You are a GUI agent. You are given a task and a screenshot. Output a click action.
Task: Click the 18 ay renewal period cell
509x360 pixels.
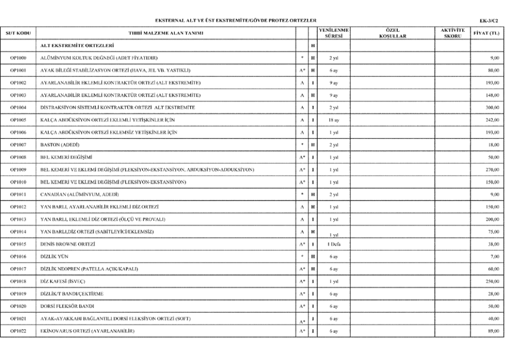[x=333, y=120]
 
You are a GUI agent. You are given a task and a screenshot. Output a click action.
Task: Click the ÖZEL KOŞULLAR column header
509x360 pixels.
[x=391, y=33]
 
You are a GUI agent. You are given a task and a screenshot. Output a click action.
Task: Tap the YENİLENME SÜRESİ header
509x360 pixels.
[x=333, y=33]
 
